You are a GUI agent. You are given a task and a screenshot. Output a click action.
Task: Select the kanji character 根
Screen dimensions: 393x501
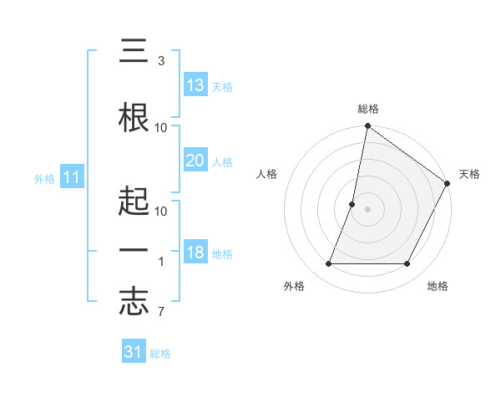tap(134, 117)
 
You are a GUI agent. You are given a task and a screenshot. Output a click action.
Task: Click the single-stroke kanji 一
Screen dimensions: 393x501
tap(134, 251)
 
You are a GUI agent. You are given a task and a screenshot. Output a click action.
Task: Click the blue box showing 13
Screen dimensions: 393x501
tap(195, 85)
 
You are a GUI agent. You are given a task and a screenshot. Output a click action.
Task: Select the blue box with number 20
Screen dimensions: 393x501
tap(195, 161)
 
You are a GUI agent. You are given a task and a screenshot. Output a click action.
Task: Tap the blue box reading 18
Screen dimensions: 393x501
tap(195, 253)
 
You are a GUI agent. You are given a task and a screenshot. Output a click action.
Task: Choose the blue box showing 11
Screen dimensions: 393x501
tap(72, 178)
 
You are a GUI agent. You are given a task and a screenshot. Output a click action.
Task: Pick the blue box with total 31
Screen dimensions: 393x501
tap(134, 352)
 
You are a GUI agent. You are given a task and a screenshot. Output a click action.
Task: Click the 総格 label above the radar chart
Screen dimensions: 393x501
tap(368, 109)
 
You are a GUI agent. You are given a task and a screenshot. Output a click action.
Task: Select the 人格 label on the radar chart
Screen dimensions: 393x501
tap(267, 174)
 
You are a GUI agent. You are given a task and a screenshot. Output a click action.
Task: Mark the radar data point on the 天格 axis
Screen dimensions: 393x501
tap(448, 184)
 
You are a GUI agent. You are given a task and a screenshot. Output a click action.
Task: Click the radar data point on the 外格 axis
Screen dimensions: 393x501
tap(329, 264)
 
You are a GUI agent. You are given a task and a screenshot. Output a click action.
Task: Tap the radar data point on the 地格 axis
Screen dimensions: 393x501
tap(407, 264)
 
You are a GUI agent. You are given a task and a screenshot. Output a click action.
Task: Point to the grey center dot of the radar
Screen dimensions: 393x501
tap(368, 209)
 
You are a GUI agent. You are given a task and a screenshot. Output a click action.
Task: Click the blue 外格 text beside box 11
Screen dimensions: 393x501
tap(44, 179)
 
